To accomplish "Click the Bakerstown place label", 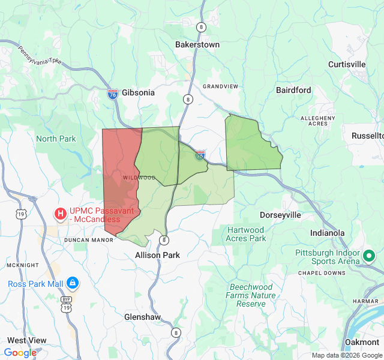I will point(197,44).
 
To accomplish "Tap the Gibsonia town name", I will point(138,92).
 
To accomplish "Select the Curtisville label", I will point(347,64).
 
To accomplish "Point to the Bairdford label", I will point(293,90).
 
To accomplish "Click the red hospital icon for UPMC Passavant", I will point(61,213).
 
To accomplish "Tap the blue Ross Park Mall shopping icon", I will point(73,282).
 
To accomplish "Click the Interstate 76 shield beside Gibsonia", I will point(113,94).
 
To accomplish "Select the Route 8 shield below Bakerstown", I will point(188,100).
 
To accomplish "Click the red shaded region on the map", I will point(120,180).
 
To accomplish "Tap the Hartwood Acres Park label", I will point(245,234).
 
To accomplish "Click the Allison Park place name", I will point(157,255).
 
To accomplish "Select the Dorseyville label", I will point(280,215).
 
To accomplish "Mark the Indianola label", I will point(327,233).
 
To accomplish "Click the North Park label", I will point(56,139).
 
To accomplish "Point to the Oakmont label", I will point(362,342).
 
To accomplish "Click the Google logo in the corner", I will point(20,353).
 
